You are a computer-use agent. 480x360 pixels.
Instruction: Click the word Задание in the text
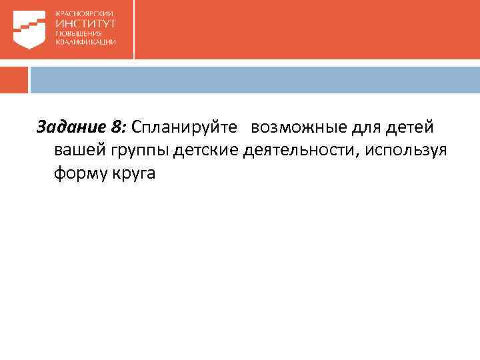coord(65,127)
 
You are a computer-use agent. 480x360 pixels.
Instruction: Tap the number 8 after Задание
coord(117,127)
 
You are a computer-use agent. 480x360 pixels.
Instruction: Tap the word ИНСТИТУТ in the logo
coord(85,23)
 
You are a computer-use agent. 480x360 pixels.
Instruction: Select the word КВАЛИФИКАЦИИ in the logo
coord(85,41)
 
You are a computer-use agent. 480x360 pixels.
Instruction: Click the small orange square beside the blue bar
coord(14,79)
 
